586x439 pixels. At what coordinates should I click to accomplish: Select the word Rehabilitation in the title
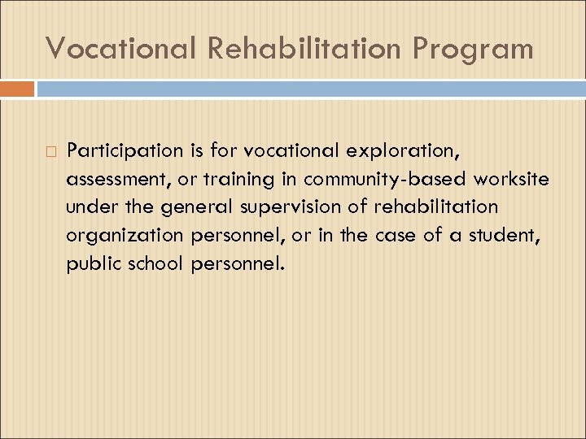[x=304, y=48]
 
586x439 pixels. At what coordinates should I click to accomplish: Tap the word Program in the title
[x=473, y=48]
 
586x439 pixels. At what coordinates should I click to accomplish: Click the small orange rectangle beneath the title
[x=17, y=89]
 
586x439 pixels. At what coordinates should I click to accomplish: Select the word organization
[x=126, y=235]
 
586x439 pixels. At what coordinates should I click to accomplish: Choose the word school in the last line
[x=155, y=263]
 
